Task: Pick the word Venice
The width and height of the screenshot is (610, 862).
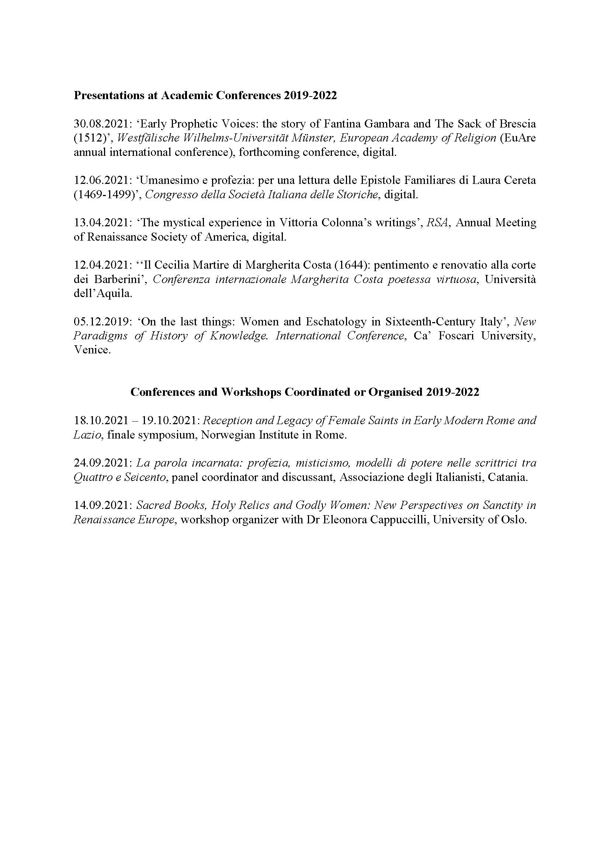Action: coord(92,350)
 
